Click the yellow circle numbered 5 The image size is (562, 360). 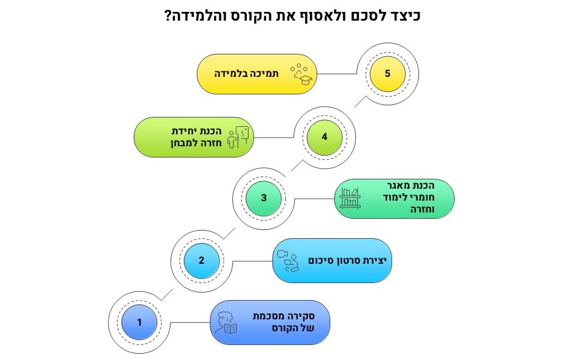tap(387, 74)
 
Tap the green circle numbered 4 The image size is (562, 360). tap(324, 137)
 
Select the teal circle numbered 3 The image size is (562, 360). tap(264, 198)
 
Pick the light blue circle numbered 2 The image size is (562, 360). tap(202, 261)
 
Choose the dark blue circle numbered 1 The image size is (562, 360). tap(139, 322)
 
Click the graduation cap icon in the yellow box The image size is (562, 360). tap(302, 74)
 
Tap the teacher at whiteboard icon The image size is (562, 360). tap(238, 137)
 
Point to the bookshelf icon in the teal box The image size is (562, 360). tap(350, 198)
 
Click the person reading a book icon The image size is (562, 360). tap(226, 322)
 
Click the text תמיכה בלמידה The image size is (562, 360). tap(247, 74)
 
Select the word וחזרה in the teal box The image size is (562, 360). tap(423, 209)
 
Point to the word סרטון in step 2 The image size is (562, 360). tap(350, 261)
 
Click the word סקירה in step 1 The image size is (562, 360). tap(302, 316)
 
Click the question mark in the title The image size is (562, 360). tap(168, 16)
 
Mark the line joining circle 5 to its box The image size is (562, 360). tap(337, 74)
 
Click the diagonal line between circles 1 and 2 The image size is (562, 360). tap(167, 295)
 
